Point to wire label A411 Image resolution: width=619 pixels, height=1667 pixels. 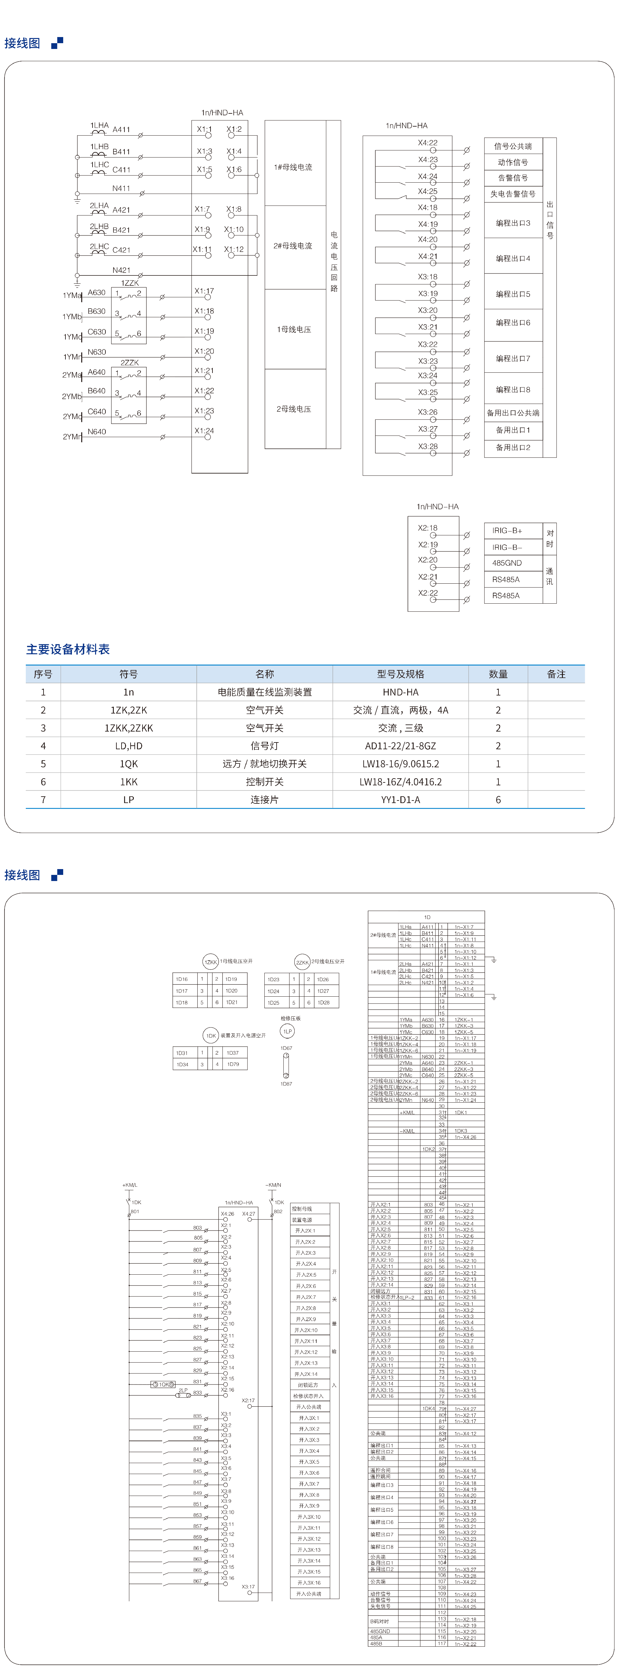[121, 129]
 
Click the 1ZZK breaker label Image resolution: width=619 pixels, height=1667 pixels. [130, 283]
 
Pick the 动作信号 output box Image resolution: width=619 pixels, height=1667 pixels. [513, 162]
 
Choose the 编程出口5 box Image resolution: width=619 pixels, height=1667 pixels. [513, 294]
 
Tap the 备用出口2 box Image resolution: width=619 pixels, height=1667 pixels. [513, 447]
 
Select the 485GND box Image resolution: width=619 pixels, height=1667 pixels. [507, 563]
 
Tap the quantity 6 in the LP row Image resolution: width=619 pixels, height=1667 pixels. [498, 800]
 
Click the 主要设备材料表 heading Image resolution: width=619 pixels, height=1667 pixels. [68, 649]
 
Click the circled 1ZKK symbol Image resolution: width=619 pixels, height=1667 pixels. [211, 962]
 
